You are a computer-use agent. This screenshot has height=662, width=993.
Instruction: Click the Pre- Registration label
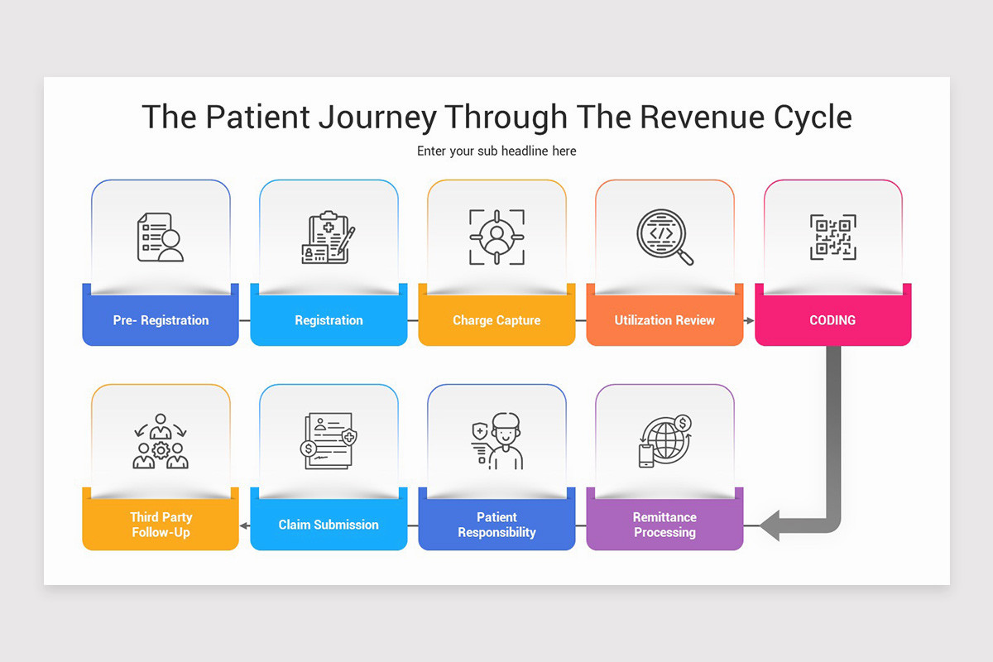click(161, 320)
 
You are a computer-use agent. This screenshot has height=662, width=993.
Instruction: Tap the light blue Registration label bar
click(329, 320)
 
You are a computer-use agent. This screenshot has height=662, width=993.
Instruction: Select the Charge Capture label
click(496, 320)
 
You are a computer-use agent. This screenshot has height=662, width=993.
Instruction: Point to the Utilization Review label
click(664, 320)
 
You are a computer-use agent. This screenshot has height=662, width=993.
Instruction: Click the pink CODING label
click(832, 320)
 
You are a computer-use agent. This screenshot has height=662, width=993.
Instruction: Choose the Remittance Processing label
click(664, 525)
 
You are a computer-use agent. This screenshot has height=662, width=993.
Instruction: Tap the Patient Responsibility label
click(496, 525)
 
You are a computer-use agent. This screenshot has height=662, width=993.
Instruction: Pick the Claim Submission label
click(329, 525)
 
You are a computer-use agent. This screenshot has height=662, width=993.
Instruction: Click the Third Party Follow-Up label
click(161, 525)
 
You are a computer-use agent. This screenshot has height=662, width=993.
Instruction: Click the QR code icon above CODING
click(832, 237)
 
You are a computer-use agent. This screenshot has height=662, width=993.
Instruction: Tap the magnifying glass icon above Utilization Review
click(664, 237)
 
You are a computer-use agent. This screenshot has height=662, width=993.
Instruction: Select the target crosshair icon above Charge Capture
click(496, 237)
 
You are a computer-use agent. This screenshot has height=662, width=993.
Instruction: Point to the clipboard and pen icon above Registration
click(329, 238)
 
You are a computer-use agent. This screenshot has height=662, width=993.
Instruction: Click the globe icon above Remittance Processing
click(664, 442)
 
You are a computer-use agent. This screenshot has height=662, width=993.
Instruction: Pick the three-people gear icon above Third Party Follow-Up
click(161, 442)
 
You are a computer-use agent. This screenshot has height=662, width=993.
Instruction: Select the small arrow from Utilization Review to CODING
click(749, 320)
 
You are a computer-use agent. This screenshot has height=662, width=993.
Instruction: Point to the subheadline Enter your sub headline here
click(496, 151)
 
